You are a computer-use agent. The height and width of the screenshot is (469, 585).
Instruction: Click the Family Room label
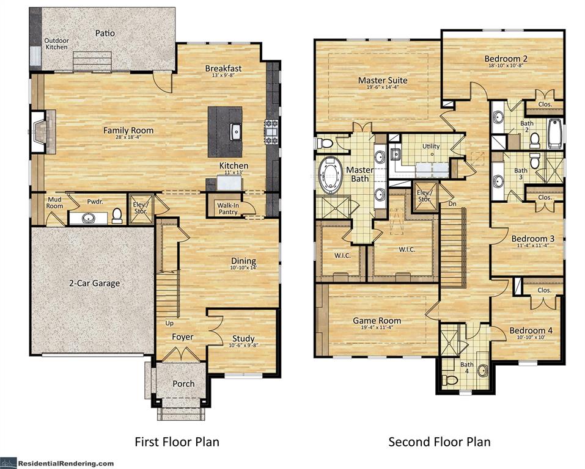pos(128,131)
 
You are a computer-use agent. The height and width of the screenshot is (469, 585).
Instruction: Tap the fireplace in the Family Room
pos(43,131)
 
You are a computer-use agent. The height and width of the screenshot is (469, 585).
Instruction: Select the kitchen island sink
pos(235,132)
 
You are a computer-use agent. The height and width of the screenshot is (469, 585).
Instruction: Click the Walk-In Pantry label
pos(228,208)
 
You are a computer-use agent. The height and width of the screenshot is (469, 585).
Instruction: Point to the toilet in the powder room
pos(117,216)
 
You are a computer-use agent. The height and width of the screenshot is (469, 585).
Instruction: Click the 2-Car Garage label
pos(95,283)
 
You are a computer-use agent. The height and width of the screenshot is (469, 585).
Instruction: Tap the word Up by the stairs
pos(169,323)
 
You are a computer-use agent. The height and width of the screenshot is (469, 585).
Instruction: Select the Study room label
pos(243,338)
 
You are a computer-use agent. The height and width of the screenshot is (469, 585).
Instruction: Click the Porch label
pos(183,384)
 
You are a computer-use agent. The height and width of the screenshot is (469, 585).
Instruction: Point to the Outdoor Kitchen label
pos(56,43)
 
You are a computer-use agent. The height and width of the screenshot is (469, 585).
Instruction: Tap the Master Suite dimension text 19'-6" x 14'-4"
pos(383,87)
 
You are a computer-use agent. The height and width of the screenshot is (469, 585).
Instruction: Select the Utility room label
pos(431,146)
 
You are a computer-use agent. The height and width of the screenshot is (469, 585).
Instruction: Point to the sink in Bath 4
pos(483,370)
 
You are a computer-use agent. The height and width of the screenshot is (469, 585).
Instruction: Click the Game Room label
pos(377,321)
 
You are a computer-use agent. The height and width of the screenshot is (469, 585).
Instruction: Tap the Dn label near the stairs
pos(452,204)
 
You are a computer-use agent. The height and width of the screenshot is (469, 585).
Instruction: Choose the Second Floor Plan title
pos(440,442)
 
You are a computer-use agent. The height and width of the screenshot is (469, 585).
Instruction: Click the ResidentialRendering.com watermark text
pos(66,464)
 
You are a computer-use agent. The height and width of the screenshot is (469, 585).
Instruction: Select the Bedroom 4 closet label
pos(545,290)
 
